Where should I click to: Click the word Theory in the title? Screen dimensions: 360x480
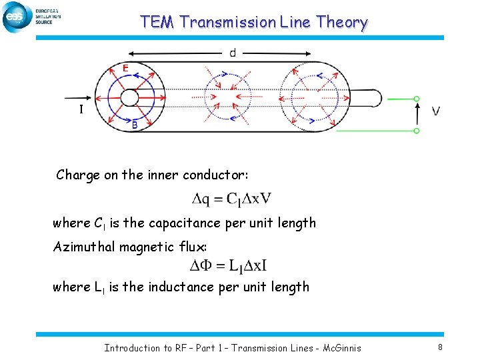click(342, 22)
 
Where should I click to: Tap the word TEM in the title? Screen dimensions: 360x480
click(157, 22)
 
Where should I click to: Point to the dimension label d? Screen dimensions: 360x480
click(232, 53)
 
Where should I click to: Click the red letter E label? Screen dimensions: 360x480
click(125, 68)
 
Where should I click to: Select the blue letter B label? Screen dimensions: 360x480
click(135, 124)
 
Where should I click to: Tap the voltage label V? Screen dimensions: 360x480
click(435, 111)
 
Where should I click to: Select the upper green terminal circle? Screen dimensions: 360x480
click(417, 99)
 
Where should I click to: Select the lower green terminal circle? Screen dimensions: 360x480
click(417, 131)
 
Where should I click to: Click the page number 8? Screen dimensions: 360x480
click(440, 347)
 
